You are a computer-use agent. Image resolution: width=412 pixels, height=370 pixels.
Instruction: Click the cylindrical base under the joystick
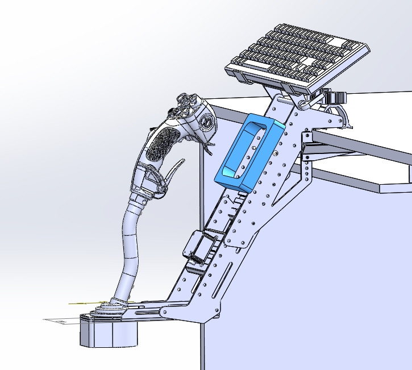[x=108, y=333]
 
